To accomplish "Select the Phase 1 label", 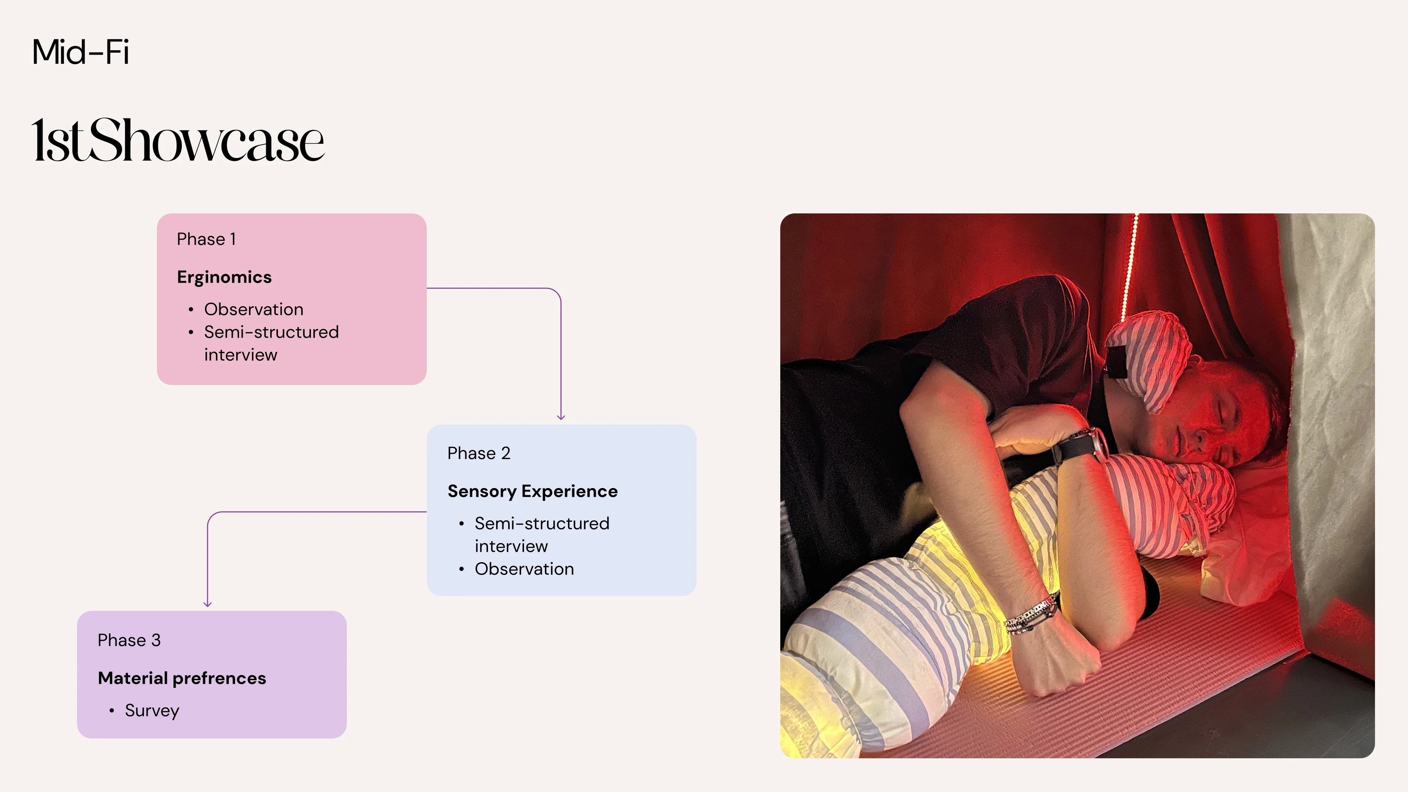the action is pos(206,239).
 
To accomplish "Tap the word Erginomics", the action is pos(224,278).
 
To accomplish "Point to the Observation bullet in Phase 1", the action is pos(254,309).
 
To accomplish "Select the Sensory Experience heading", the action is pos(532,491).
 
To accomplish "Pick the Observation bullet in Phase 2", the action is pos(524,569).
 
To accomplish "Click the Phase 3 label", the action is pos(129,641).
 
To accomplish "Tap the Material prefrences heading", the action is pos(182,678).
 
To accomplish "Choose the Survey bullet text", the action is pos(152,711).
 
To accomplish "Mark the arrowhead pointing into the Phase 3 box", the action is pos(207,604).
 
